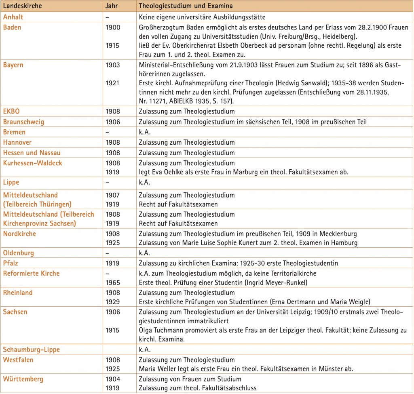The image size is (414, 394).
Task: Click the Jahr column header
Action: pos(112,6)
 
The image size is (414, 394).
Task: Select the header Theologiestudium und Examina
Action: pos(186,6)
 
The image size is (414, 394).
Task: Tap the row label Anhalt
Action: pos(13,17)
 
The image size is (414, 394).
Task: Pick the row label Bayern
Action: pos(14,64)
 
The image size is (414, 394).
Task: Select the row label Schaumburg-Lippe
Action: pos(31,349)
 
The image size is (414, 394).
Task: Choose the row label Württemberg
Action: pos(23,379)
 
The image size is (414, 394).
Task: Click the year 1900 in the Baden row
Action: pos(112,27)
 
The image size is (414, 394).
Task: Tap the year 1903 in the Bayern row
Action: pos(112,64)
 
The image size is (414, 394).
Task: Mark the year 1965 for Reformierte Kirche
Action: pos(112,282)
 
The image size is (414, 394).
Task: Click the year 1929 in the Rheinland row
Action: pos(112,301)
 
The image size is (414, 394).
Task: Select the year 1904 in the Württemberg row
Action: pos(113,379)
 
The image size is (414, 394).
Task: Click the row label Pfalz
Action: pos(11,263)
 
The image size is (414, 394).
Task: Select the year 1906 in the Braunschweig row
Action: pos(112,122)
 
